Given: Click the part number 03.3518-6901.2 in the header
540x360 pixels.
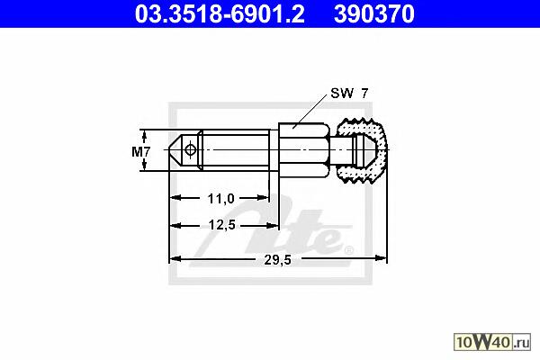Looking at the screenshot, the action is click(220, 13).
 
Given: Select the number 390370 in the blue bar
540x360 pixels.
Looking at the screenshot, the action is click(374, 13).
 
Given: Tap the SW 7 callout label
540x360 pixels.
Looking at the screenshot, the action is click(349, 93).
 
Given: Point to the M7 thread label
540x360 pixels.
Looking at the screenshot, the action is click(141, 151).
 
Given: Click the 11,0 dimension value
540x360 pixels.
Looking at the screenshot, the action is click(221, 198).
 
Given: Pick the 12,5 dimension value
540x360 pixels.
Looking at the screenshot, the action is click(221, 225).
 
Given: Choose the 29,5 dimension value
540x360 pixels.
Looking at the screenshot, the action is click(277, 260).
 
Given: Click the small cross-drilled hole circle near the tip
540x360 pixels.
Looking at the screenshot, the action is click(190, 150).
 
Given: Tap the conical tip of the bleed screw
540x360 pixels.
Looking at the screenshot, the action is click(175, 150).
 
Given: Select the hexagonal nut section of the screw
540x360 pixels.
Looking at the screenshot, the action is click(304, 150).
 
